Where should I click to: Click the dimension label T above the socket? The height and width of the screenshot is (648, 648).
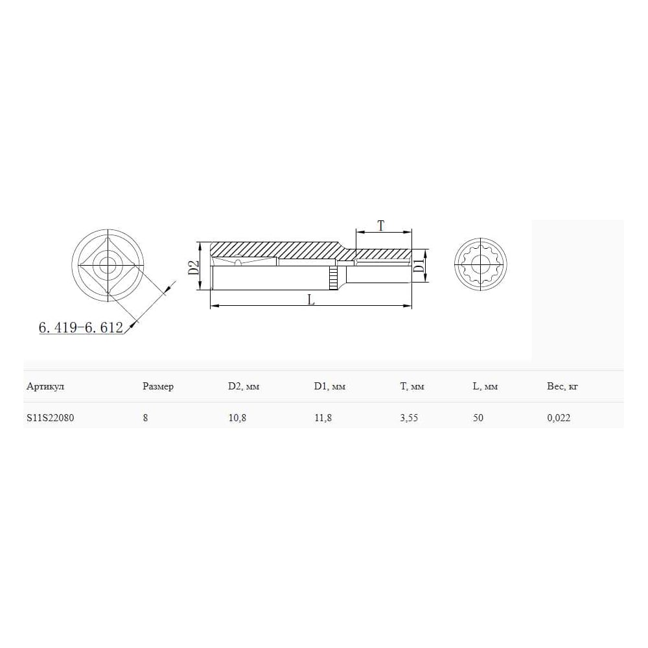point(381,226)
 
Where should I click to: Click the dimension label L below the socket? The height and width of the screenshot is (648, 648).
point(311,299)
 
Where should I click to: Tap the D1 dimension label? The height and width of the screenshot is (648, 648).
point(419,265)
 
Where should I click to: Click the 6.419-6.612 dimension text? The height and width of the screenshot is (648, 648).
point(81,327)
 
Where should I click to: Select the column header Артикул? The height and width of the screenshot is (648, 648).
point(45,386)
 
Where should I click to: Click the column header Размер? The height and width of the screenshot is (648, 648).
point(158,386)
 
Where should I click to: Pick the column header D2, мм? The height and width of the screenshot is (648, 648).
point(244,386)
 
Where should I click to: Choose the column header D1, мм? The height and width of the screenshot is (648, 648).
point(330,386)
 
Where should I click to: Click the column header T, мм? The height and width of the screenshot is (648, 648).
point(412,386)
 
